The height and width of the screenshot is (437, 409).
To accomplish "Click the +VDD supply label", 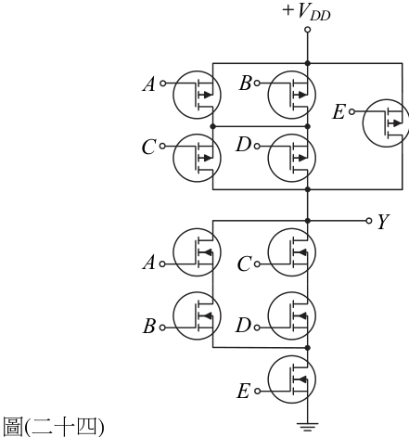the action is (x=306, y=12).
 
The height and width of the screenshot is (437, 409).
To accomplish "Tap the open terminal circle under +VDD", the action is (x=307, y=30).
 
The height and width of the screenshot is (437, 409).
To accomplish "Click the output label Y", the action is (x=384, y=221).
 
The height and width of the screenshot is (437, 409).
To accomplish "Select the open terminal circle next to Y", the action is (x=368, y=221).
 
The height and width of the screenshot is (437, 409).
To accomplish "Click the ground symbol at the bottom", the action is (x=308, y=427).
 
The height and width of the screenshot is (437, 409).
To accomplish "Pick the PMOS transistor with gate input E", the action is (x=387, y=122).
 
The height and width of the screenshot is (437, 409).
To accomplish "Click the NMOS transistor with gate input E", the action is (x=292, y=379).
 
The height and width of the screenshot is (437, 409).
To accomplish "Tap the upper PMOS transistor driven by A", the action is (x=197, y=95).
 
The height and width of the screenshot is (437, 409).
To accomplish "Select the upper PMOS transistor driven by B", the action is (x=292, y=95).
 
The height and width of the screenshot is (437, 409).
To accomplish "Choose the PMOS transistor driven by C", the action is (x=197, y=158).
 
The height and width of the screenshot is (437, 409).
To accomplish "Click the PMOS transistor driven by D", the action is (x=292, y=158).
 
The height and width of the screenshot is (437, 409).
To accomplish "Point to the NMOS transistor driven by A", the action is (x=197, y=252).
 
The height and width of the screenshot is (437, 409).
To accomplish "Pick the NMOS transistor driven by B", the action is (x=197, y=315).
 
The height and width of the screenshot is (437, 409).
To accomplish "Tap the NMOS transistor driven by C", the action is (x=292, y=252).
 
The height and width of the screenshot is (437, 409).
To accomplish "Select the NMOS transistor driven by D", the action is (x=292, y=315).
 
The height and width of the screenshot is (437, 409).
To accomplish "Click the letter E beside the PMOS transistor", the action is (x=339, y=111).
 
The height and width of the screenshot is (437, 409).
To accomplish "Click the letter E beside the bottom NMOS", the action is (x=243, y=391).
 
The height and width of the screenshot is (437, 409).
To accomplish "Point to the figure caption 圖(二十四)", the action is (x=53, y=426).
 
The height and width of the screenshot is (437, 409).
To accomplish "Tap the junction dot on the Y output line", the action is (x=307, y=221).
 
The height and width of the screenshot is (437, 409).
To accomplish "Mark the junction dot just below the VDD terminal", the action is (x=307, y=63).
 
